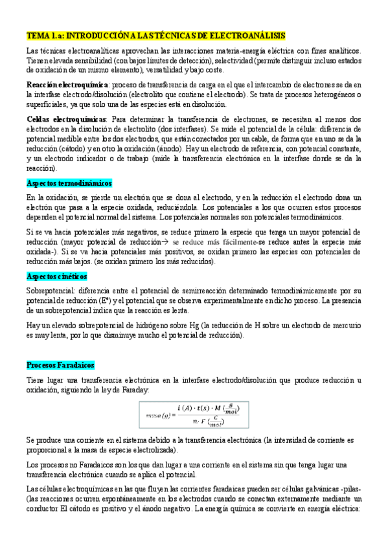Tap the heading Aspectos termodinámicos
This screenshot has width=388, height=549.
pyautogui.click(x=69, y=183)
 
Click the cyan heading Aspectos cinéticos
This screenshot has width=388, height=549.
pyautogui.click(x=58, y=276)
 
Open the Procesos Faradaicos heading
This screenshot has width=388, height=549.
pyautogui.click(x=60, y=365)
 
